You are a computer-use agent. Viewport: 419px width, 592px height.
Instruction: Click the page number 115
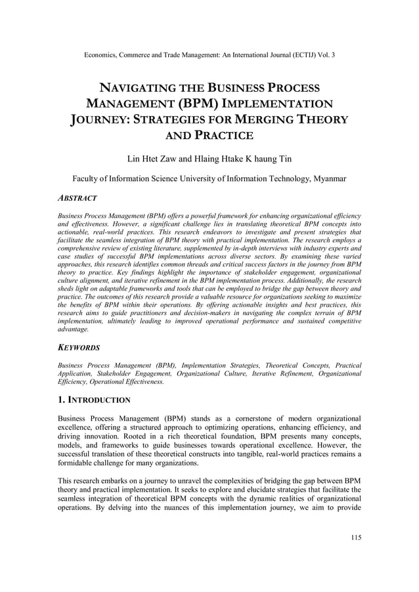(x=355, y=538)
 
